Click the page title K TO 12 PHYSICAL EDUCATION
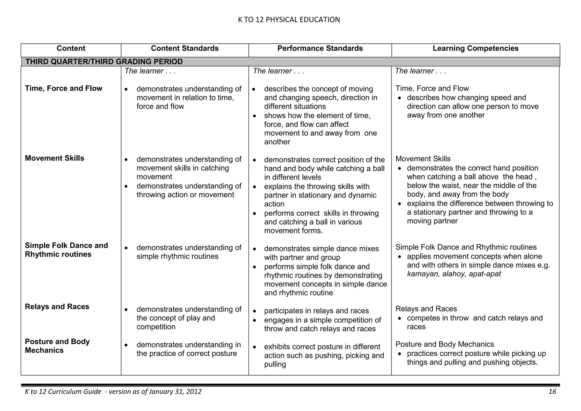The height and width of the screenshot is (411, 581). (289, 20)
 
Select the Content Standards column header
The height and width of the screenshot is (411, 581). (185, 49)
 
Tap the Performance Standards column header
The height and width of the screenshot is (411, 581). (320, 49)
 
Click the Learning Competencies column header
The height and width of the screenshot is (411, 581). (475, 49)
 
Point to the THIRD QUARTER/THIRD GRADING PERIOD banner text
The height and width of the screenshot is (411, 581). (104, 62)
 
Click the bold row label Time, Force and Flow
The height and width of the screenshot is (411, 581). (64, 88)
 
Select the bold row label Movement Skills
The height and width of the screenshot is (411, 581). (54, 158)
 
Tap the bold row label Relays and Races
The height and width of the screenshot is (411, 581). (57, 307)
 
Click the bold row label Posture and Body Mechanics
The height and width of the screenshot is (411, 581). (57, 346)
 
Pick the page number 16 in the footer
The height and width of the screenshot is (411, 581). (552, 392)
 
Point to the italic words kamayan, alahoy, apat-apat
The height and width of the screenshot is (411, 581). (454, 274)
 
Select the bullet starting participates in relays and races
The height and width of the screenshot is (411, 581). (316, 311)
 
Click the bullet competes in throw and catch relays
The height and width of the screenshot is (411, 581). (475, 318)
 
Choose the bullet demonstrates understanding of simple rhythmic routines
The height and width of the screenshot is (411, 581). (189, 252)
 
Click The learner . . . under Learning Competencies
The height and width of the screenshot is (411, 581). (420, 71)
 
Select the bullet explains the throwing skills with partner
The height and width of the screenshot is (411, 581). (320, 195)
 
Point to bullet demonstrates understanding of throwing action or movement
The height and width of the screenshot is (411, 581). (189, 190)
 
